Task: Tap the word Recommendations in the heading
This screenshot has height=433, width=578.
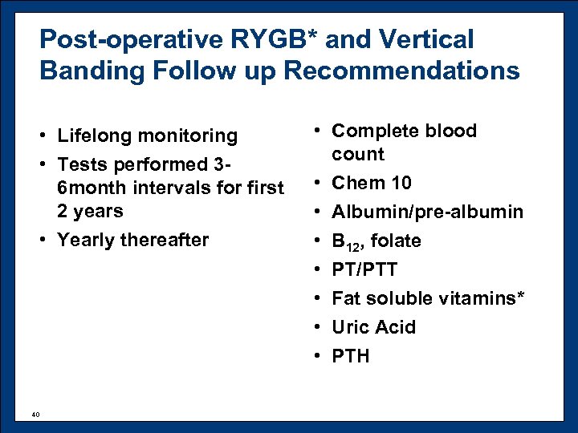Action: coord(402,71)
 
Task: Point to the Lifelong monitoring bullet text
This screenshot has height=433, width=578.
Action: coord(147,136)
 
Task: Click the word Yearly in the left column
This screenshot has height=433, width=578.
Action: coord(83,240)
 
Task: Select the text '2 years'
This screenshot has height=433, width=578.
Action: coord(89,212)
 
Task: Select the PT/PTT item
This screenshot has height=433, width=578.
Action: coord(364,269)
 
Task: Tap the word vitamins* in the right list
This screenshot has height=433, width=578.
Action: coord(481,298)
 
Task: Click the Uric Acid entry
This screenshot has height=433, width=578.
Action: coord(373,327)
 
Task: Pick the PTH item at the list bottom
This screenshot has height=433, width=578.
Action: coord(351,356)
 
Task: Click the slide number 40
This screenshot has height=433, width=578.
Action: coord(35,414)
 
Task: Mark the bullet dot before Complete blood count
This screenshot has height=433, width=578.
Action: coord(319,132)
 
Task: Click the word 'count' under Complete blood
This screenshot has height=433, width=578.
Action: coord(358,154)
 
